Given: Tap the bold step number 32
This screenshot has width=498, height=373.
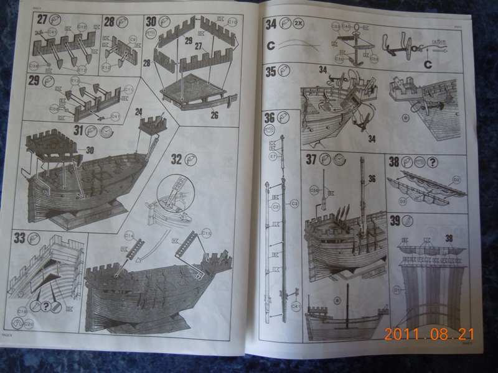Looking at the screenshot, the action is pos(176,159).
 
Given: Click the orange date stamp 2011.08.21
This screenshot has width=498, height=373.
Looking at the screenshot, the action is pos(429,334).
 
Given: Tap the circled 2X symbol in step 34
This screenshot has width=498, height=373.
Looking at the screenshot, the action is pos(299,25).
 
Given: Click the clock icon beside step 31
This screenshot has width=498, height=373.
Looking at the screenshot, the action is pos(108,131).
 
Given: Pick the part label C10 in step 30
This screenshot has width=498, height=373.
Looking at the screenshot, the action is pos(233,21).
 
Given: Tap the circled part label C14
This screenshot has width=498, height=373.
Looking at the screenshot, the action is pos(129,235).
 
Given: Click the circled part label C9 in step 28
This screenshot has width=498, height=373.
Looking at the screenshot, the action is pos(132,39).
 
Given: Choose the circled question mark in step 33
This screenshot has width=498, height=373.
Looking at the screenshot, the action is pos(45,306).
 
